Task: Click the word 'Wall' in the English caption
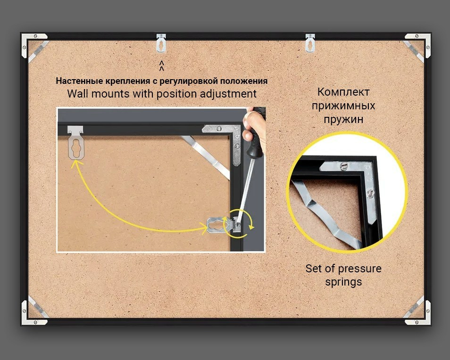tap(77, 94)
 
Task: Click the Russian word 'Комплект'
tap(343, 92)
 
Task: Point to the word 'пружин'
tap(343, 119)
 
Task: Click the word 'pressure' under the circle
tap(359, 269)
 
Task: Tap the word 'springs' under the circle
tap(343, 282)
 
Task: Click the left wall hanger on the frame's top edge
tap(161, 43)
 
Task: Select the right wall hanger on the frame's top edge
tap(310, 43)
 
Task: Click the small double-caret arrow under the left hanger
tap(162, 65)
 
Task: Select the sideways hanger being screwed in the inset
tap(223, 225)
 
